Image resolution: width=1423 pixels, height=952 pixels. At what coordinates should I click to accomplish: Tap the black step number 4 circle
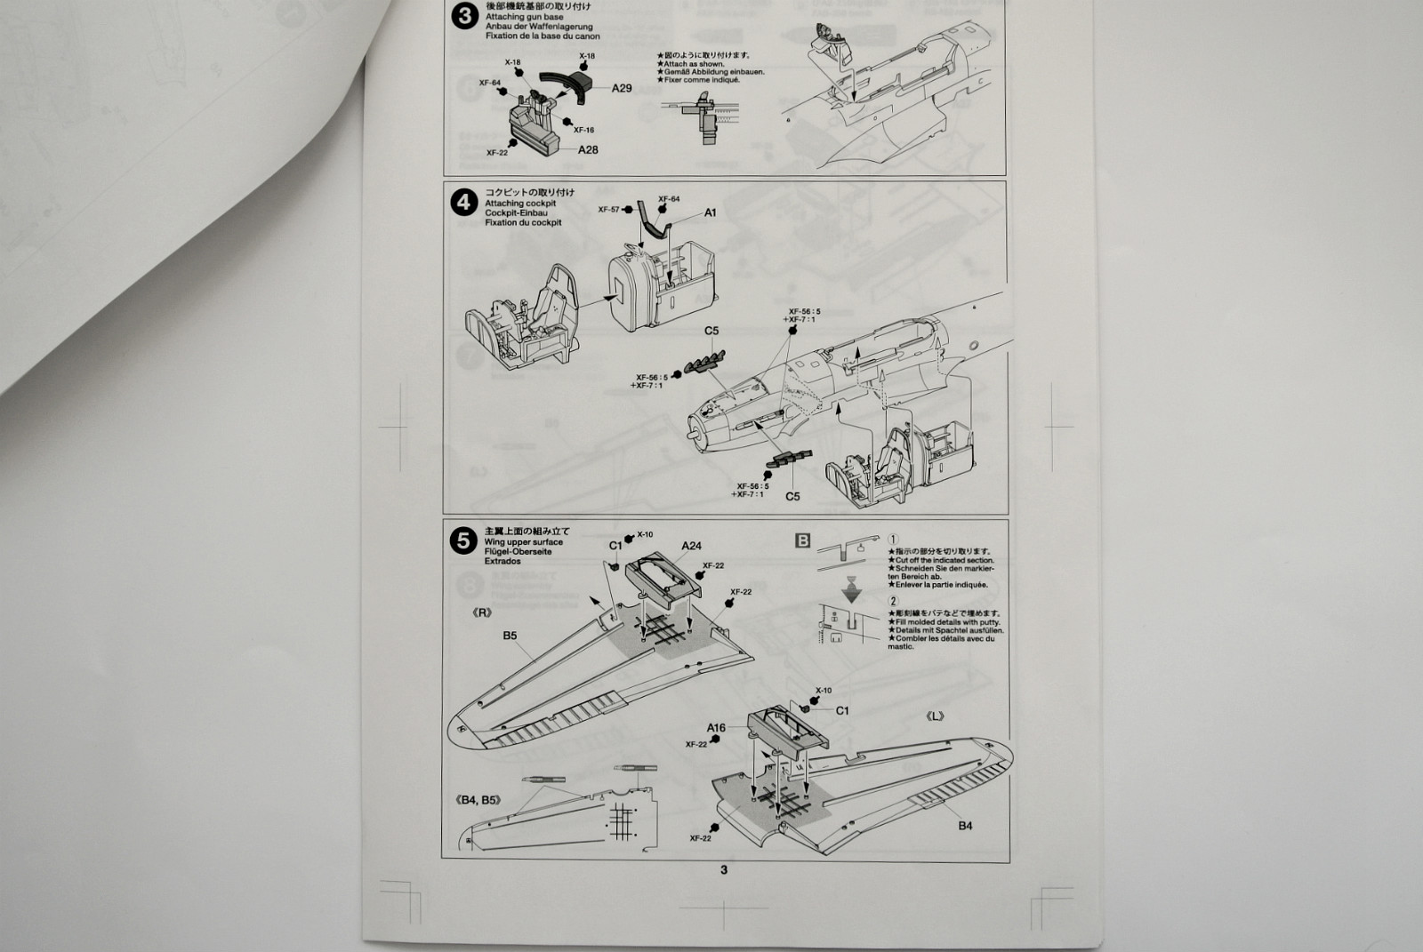[x=464, y=204]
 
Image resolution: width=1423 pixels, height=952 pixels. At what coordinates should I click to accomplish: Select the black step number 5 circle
[x=462, y=540]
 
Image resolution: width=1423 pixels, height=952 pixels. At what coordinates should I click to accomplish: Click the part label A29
[x=622, y=88]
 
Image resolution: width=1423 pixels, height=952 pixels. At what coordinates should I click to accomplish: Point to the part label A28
[x=588, y=150]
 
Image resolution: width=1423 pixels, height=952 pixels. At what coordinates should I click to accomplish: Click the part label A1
[x=710, y=213]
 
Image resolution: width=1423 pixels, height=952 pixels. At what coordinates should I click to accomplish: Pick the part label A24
[x=691, y=546]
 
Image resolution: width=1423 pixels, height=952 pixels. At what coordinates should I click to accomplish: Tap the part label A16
[x=716, y=727]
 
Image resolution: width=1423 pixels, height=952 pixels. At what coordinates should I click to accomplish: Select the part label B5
[x=510, y=636]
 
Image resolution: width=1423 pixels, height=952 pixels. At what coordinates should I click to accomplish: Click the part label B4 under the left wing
[x=965, y=826]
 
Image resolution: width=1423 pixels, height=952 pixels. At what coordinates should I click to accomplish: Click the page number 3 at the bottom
[x=724, y=869]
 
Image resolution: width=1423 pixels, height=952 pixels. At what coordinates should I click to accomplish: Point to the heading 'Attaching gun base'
[x=524, y=18]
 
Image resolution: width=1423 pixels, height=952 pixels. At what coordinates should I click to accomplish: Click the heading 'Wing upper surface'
[x=524, y=541]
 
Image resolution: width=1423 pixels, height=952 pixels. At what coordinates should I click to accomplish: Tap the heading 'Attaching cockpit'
[x=520, y=204]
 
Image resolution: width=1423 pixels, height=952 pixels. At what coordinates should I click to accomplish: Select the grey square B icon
[x=802, y=540]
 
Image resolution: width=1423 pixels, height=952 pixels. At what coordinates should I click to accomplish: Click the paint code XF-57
[x=608, y=210]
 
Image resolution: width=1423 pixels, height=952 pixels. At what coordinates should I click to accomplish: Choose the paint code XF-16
[x=583, y=130]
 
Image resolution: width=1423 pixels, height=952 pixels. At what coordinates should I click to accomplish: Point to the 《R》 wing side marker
[x=482, y=612]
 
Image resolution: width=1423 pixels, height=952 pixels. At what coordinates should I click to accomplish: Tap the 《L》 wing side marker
[x=935, y=716]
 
